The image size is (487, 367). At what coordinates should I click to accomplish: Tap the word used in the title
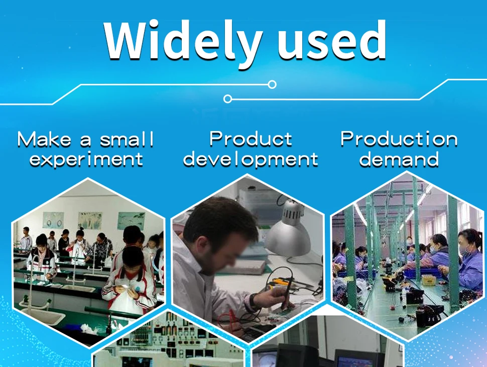point(331,40)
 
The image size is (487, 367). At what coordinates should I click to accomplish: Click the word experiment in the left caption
point(86,160)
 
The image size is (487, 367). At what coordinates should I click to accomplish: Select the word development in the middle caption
point(251,159)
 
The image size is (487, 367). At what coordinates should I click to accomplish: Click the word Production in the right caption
point(399,139)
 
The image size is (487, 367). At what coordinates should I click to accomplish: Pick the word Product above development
point(251,139)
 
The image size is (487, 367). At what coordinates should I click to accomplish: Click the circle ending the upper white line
point(272,84)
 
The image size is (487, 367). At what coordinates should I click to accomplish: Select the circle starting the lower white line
point(227,99)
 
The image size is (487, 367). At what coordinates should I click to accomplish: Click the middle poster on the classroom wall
point(90,220)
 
